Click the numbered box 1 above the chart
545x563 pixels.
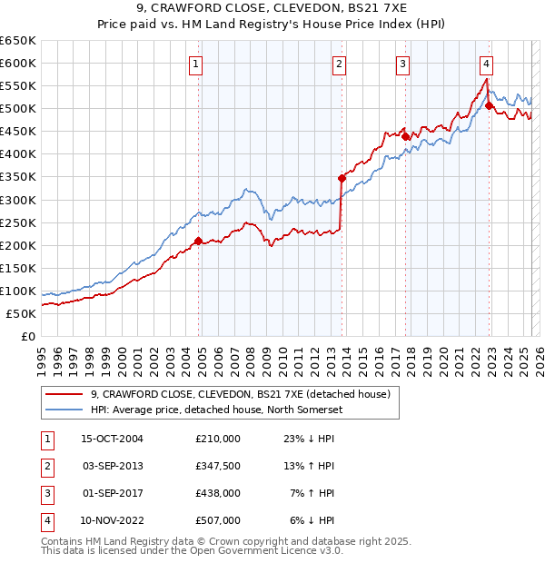196,64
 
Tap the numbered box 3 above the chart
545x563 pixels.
401,64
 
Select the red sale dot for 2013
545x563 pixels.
342,178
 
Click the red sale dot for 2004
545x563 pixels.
198,241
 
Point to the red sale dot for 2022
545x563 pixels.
489,105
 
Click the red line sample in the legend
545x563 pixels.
63,394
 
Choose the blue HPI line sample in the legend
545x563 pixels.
63,409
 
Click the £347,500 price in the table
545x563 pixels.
217,466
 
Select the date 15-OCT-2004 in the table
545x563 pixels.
112,439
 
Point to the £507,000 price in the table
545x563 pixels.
217,520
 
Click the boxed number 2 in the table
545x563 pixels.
45,466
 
